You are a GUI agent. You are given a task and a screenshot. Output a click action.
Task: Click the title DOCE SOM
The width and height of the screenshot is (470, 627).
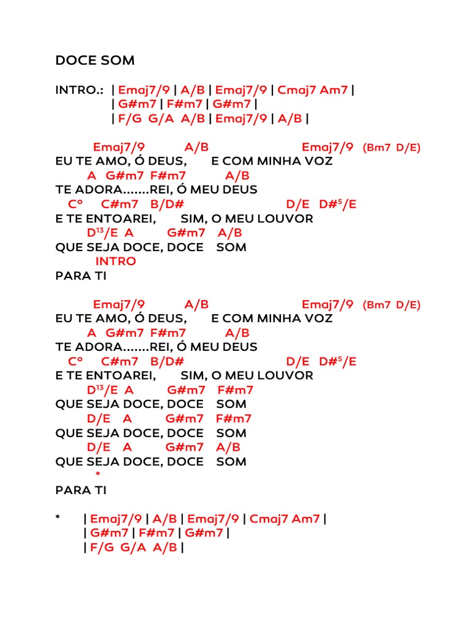click(x=95, y=61)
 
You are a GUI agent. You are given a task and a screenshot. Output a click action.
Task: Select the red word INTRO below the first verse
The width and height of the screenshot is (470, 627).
click(x=116, y=261)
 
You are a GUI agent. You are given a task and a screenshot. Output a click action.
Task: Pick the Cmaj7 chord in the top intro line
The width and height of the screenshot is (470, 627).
click(x=298, y=90)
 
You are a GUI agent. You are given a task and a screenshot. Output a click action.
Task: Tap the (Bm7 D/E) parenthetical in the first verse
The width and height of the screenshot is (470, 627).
click(x=392, y=148)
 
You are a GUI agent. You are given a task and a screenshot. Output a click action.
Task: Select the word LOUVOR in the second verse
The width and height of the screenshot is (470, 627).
click(x=285, y=375)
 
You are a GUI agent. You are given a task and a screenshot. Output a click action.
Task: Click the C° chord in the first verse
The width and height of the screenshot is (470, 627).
click(x=76, y=205)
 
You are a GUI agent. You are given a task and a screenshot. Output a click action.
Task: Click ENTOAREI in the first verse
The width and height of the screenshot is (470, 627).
click(x=114, y=219)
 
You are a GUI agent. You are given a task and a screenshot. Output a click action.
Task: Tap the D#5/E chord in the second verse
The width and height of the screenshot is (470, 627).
click(x=337, y=361)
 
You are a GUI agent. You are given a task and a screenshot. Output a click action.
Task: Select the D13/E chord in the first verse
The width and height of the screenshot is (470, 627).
click(x=102, y=233)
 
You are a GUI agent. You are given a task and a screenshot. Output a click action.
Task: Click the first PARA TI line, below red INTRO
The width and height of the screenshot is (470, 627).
click(x=81, y=276)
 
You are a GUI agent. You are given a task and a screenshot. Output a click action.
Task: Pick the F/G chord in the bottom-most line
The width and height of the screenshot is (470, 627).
click(x=102, y=547)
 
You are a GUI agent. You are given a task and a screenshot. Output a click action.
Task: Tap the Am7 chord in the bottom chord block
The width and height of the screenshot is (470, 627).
click(x=306, y=519)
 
